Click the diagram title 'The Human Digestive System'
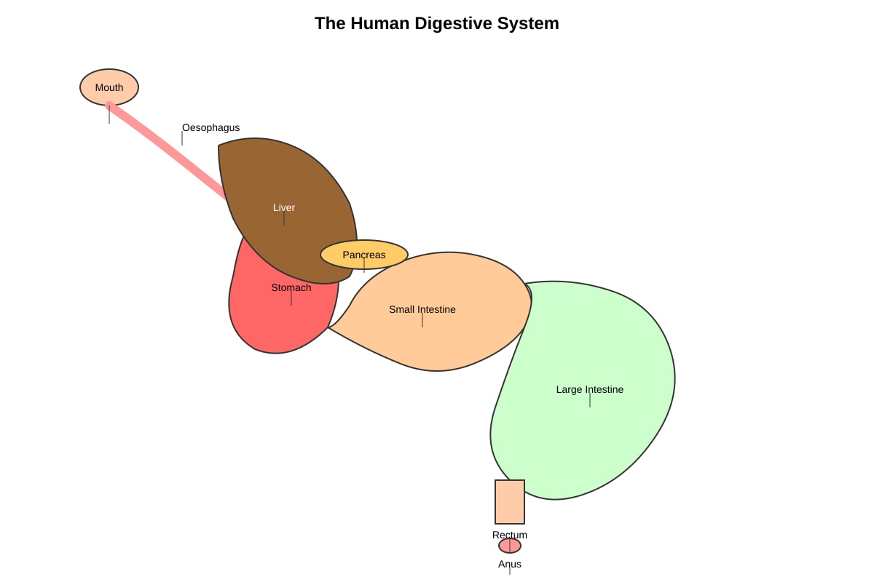click(436, 23)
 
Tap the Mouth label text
click(109, 88)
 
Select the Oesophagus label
click(210, 128)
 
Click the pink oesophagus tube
click(166, 150)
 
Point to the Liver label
click(284, 207)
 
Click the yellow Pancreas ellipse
click(364, 255)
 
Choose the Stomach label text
click(291, 287)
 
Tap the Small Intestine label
click(422, 309)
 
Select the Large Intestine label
click(589, 389)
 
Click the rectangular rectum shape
click(510, 502)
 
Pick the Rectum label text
click(510, 535)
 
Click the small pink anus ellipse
click(510, 546)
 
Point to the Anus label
click(510, 564)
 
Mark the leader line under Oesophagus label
click(182, 138)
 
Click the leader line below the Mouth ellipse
click(109, 115)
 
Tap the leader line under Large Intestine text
click(589, 400)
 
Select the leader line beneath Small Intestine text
click(422, 320)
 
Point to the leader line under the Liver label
click(284, 218)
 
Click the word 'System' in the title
click(528, 23)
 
